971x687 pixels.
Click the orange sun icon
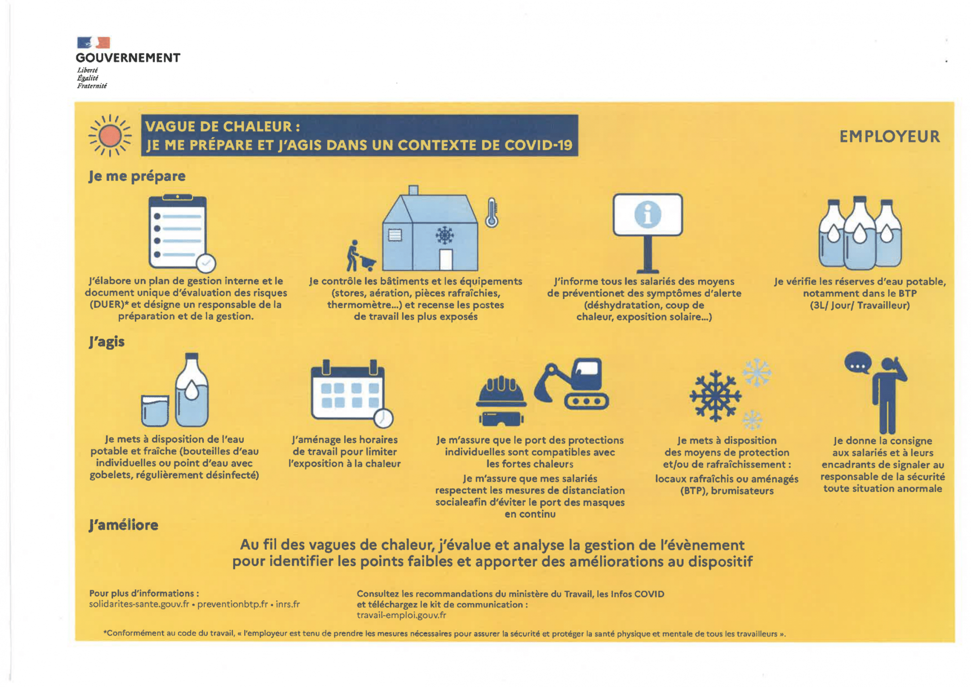[110, 135]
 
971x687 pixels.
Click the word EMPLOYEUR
[889, 136]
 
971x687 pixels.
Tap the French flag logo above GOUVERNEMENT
[94, 43]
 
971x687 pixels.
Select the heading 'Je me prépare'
[137, 176]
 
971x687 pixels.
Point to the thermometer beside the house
[492, 213]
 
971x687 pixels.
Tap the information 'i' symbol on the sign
[648, 214]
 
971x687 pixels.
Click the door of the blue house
[446, 260]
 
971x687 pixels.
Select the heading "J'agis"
[107, 341]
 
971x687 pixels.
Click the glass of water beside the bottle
[155, 410]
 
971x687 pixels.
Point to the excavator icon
[573, 384]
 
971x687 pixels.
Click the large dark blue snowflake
[715, 396]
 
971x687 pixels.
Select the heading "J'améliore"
[124, 525]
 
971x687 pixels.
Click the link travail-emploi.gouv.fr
[401, 615]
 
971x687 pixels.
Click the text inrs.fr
[288, 604]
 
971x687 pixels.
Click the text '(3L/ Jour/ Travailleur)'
[859, 305]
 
